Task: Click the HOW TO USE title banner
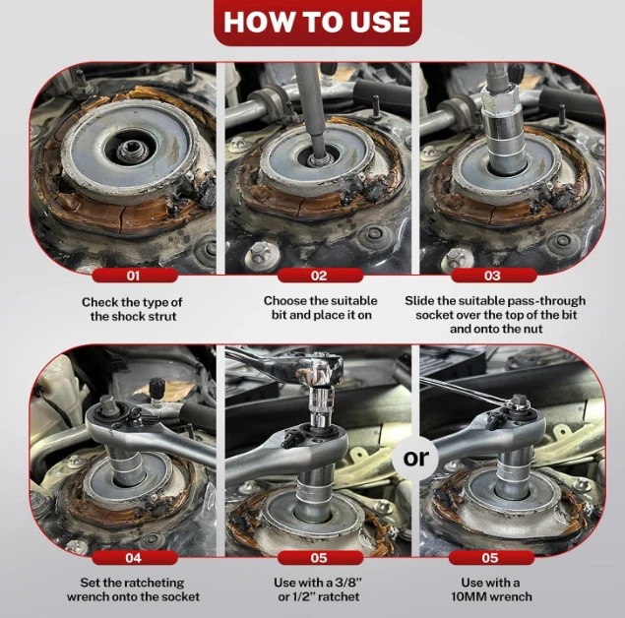[x=318, y=22]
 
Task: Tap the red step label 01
[x=134, y=276]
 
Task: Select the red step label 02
[x=320, y=276]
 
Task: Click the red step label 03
[x=493, y=276]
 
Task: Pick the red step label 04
[x=134, y=558]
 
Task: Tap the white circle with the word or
[x=415, y=459]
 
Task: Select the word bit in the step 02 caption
[x=279, y=315]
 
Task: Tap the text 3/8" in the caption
[x=347, y=583]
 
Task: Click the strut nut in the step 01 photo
[x=133, y=151]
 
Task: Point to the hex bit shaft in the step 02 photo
[x=312, y=111]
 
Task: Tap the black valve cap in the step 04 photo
[x=156, y=388]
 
